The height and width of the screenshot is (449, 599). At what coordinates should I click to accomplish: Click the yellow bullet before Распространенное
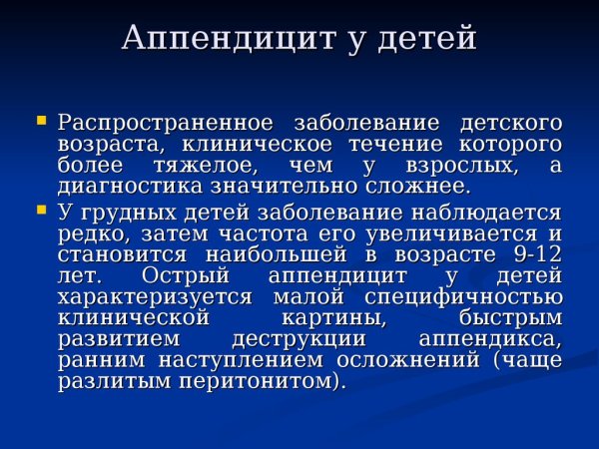click(x=41, y=120)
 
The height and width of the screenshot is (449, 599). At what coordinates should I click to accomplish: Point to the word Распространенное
click(x=165, y=123)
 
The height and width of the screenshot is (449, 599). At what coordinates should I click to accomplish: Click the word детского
click(x=510, y=123)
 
